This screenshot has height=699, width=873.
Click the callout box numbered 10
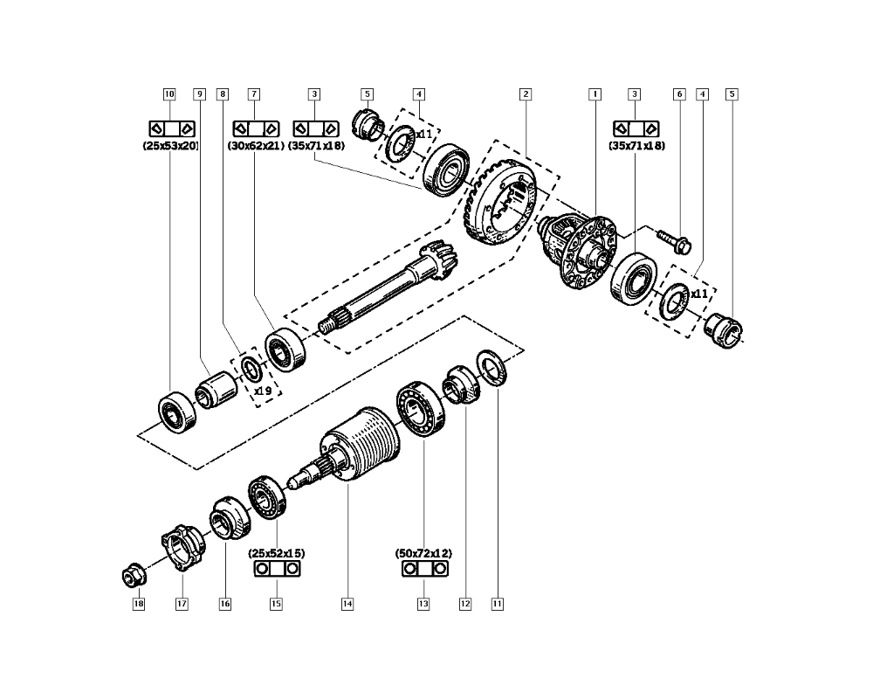(x=169, y=94)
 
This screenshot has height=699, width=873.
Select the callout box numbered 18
(x=139, y=604)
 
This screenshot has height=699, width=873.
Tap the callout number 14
(x=347, y=604)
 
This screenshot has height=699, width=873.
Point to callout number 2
(x=526, y=94)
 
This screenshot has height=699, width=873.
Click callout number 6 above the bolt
(x=679, y=94)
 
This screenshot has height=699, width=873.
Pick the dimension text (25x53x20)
(x=170, y=146)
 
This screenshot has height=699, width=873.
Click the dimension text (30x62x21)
(x=256, y=146)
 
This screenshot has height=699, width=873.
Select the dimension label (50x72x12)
(x=423, y=553)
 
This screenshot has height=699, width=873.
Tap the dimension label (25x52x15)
(x=277, y=553)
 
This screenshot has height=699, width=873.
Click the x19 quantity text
(x=263, y=391)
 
